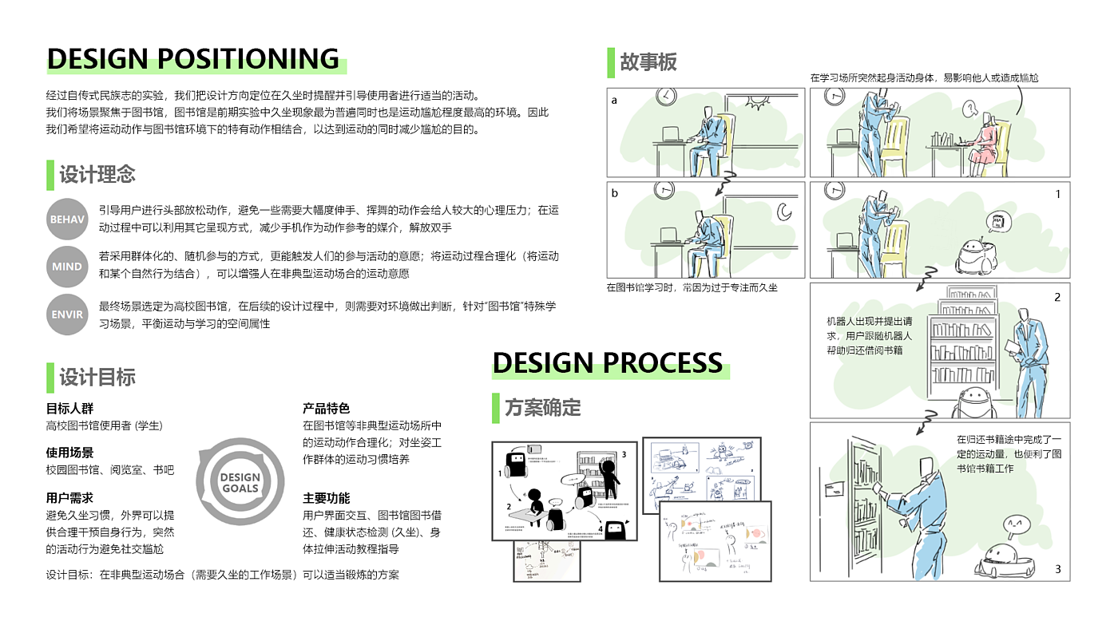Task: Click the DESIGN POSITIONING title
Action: pyautogui.click(x=193, y=59)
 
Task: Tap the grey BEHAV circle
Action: pyautogui.click(x=67, y=219)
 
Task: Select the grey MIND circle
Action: pyautogui.click(x=67, y=267)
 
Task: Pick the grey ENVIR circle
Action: pyautogui.click(x=67, y=314)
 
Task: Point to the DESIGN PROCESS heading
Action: pyautogui.click(x=608, y=363)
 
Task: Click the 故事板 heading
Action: pyautogui.click(x=648, y=62)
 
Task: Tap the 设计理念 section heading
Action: pyautogui.click(x=97, y=174)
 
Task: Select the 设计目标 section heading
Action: pyautogui.click(x=97, y=377)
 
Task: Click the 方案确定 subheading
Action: pyautogui.click(x=542, y=408)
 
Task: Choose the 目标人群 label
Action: pyautogui.click(x=69, y=409)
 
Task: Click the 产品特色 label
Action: pyautogui.click(x=326, y=409)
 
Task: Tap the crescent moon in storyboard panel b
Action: pyautogui.click(x=783, y=212)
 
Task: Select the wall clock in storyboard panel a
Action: pyautogui.click(x=665, y=97)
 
